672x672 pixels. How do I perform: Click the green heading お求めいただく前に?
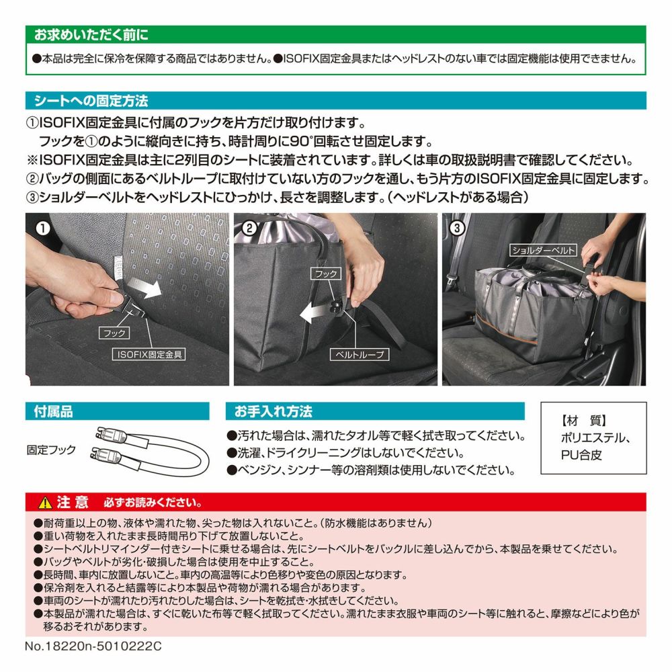(91, 35)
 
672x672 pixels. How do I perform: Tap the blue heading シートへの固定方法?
(91, 101)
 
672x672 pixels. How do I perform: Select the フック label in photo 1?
(114, 333)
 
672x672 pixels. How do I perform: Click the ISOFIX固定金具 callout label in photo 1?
(149, 354)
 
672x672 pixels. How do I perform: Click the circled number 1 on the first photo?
(42, 228)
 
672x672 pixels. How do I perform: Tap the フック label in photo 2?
(326, 274)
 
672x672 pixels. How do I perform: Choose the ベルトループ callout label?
(359, 354)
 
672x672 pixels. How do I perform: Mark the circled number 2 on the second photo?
(250, 228)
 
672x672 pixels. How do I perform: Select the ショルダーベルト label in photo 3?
(543, 250)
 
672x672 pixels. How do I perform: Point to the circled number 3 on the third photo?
(457, 228)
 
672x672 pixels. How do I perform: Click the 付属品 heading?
(53, 411)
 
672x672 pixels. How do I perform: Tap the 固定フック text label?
(51, 450)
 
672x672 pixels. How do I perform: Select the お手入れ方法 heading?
(273, 411)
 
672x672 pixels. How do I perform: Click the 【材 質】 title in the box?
(583, 421)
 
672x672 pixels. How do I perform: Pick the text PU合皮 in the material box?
(581, 455)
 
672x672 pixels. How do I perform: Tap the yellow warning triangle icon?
(45, 502)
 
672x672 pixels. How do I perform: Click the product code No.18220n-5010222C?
(93, 646)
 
